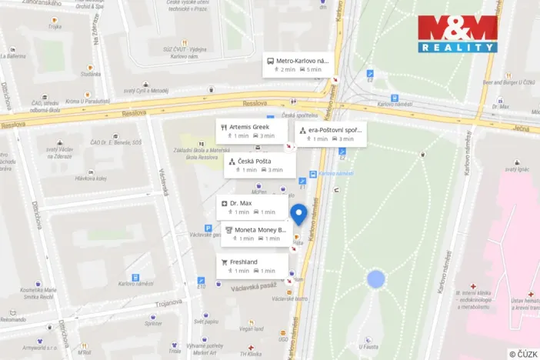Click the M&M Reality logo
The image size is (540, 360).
pyautogui.click(x=458, y=33)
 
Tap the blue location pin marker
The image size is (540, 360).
pyautogui.click(x=298, y=215)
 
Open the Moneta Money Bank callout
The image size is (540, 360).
pyautogui.click(x=255, y=234)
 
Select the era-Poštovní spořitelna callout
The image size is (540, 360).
pyautogui.click(x=329, y=134)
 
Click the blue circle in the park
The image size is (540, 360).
pyautogui.click(x=375, y=278)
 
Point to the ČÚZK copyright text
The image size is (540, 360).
pyautogui.click(x=522, y=354)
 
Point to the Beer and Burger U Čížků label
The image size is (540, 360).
pyautogui.click(x=508, y=81)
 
